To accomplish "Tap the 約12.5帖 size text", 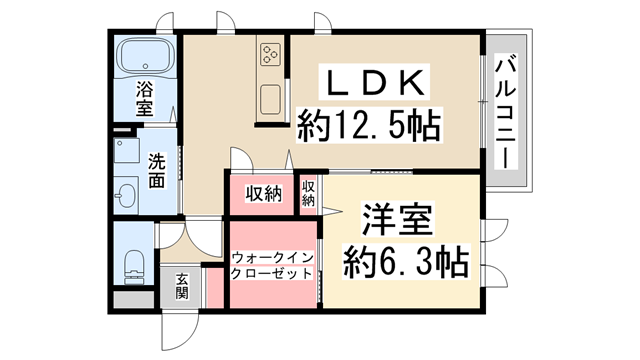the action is (369, 127).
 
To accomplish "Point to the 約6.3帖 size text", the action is (404, 263).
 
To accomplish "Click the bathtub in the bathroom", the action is (145, 60).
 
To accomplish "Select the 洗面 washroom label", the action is (157, 171).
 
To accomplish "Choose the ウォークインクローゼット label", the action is (273, 265).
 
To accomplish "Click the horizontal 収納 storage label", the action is (265, 193).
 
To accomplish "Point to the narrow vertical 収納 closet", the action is (309, 193).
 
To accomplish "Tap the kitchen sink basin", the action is (270, 100).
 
